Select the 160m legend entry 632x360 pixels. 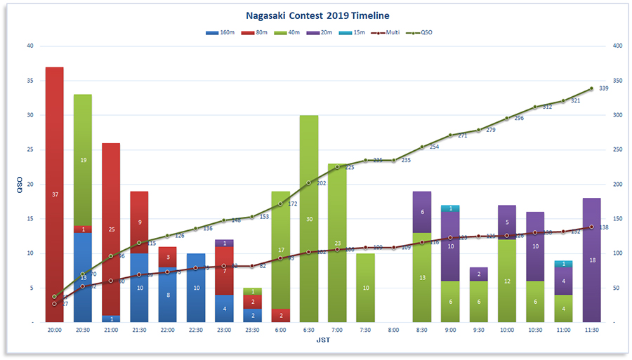[221, 32]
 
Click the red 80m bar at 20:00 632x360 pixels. [55, 194]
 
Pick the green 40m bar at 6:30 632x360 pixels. [309, 218]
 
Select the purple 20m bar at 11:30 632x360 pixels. [591, 260]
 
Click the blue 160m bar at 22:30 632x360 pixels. [196, 288]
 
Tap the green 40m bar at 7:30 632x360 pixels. [365, 288]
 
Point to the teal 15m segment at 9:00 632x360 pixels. [450, 208]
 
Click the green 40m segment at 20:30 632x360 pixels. [83, 160]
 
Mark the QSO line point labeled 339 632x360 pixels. [591, 88]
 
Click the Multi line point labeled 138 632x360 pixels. [591, 227]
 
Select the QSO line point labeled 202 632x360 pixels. [309, 183]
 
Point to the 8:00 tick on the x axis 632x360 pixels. [393, 328]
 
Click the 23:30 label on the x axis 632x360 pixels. [252, 328]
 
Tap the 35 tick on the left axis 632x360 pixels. [29, 81]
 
